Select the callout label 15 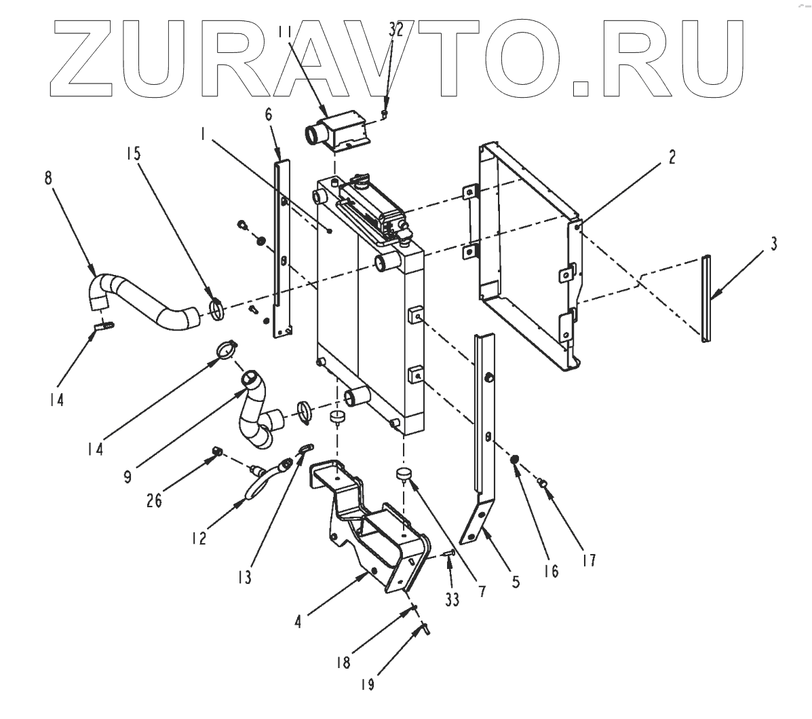[x=133, y=153]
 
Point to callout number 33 [x=452, y=600]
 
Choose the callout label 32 [x=395, y=29]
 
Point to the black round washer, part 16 [x=516, y=461]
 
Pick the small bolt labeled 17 [x=542, y=483]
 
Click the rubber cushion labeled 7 [x=404, y=474]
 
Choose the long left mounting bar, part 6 [x=279, y=244]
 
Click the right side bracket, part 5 [x=483, y=435]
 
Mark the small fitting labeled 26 [x=217, y=450]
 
